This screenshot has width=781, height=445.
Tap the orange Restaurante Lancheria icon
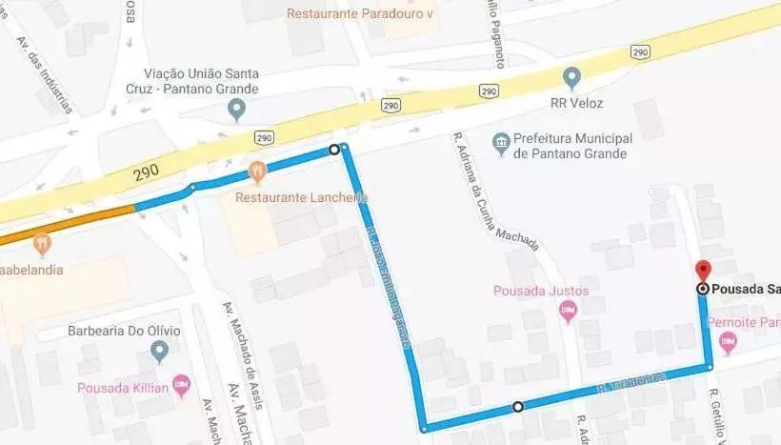(x=256, y=172)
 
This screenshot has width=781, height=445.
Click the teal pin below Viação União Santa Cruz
(x=237, y=111)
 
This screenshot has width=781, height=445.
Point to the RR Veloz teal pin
(x=571, y=76)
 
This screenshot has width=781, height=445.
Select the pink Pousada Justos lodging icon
(x=569, y=309)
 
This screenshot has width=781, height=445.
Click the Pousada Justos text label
(x=540, y=291)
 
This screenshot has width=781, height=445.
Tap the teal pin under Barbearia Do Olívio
(x=159, y=353)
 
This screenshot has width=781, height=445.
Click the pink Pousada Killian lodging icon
(x=181, y=386)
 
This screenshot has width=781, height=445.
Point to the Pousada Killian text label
(x=124, y=387)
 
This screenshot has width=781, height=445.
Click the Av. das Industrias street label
(x=41, y=71)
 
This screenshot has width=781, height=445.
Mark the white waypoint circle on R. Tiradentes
(x=517, y=407)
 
